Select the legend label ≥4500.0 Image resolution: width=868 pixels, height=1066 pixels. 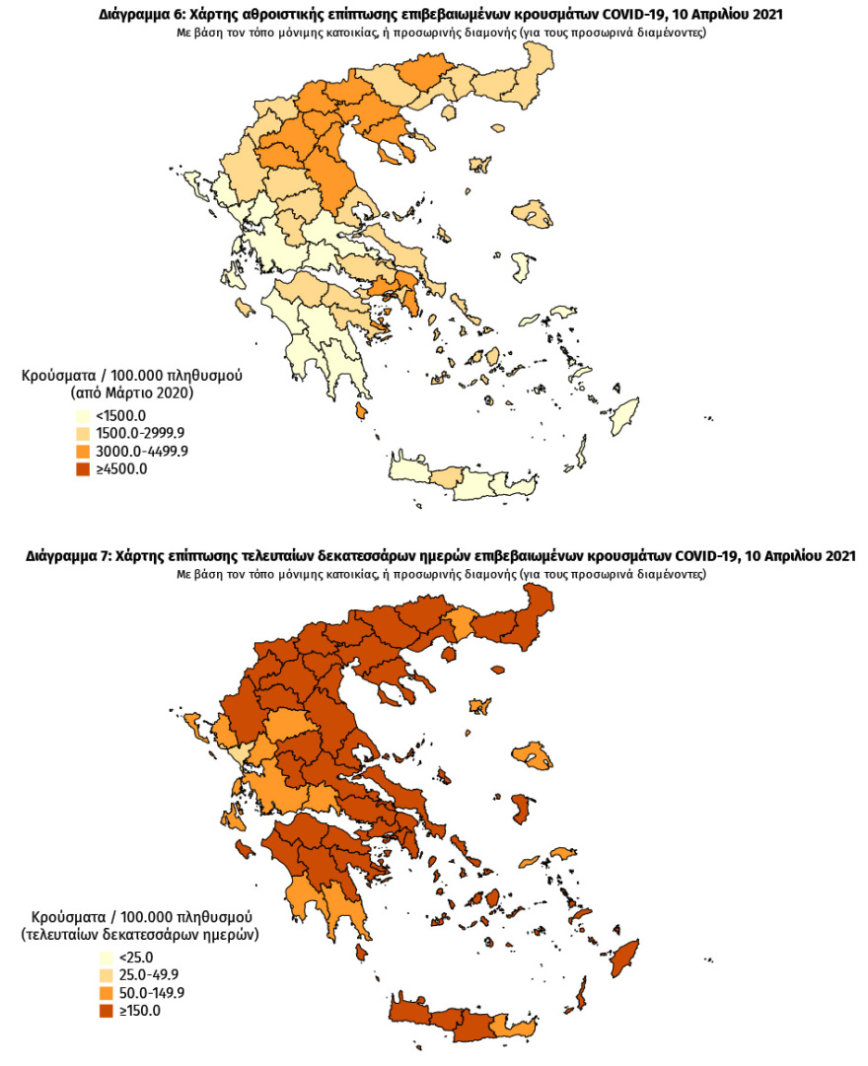click(x=120, y=468)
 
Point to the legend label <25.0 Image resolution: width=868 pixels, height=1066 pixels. click(x=136, y=957)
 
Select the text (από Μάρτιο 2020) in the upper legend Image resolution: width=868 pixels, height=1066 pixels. click(x=132, y=392)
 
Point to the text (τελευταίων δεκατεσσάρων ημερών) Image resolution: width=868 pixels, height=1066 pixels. click(x=139, y=933)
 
